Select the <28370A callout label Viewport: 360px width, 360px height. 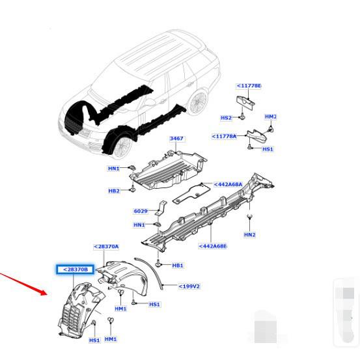[106, 247]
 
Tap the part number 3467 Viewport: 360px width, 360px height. [176, 139]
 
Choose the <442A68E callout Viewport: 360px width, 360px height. [212, 246]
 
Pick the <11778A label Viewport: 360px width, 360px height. [227, 136]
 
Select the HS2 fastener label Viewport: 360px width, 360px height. [226, 118]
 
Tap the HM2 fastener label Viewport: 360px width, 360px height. [271, 117]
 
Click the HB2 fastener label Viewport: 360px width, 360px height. [114, 191]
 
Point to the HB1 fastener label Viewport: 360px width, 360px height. [178, 266]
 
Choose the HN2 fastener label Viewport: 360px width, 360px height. [250, 234]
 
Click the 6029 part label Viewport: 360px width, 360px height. [140, 210]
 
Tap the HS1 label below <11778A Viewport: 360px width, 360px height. [267, 149]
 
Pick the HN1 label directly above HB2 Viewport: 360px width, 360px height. [114, 169]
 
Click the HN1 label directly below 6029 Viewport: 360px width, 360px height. [139, 225]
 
